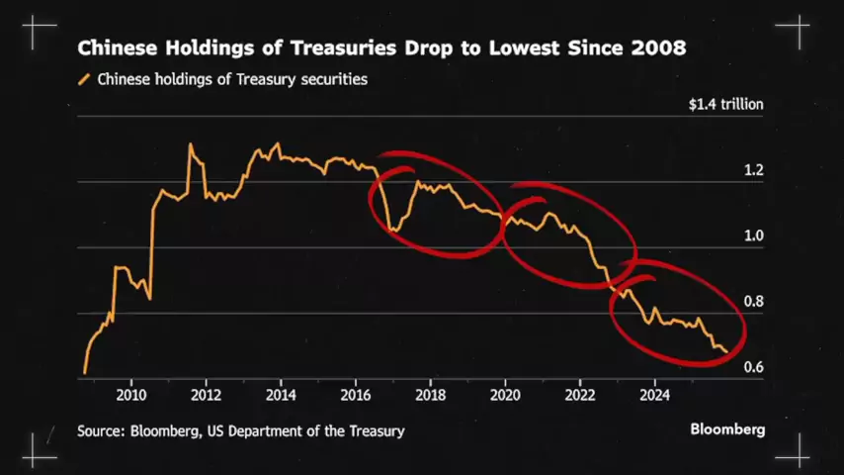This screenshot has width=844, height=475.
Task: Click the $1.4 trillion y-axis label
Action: (725, 103)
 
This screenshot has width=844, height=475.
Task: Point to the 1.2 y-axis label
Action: (753, 170)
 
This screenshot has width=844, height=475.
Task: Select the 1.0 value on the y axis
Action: (753, 236)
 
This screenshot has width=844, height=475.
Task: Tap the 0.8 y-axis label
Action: (753, 302)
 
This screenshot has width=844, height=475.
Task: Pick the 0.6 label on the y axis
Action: (753, 367)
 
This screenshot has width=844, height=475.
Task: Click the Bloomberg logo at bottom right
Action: (726, 430)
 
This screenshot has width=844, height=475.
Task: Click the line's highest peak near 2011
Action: (190, 144)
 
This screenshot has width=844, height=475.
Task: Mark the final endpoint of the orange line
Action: (727, 351)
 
